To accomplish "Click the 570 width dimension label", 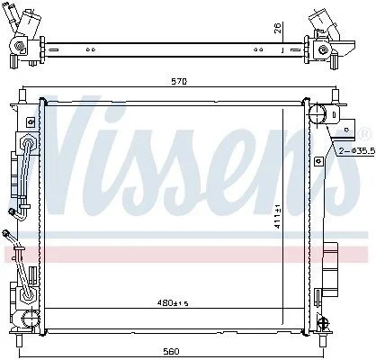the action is click(179, 81).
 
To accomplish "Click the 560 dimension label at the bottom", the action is click(171, 351).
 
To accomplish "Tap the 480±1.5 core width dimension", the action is click(173, 303).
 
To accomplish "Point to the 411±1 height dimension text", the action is click(278, 216).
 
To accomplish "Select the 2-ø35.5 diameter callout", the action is click(357, 151).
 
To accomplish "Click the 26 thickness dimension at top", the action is click(278, 28).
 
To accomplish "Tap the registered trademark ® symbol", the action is click(364, 134).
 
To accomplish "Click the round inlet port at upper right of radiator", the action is click(318, 114).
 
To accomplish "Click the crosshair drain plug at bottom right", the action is click(324, 323).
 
